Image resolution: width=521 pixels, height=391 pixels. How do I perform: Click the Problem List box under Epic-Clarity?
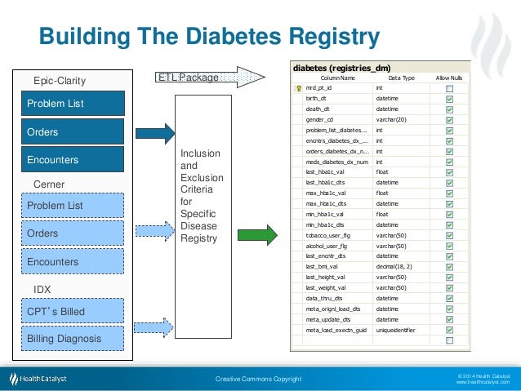[73, 104]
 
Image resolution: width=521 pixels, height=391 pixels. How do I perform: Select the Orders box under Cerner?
[73, 233]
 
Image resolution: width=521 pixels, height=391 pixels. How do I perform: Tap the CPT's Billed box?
[73, 311]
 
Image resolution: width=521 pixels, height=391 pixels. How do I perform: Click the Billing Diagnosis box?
[73, 339]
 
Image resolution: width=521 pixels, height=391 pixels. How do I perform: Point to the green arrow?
[256, 236]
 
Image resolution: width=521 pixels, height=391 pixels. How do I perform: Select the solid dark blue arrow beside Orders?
[157, 133]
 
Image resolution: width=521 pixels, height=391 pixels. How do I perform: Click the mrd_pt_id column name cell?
[335, 87]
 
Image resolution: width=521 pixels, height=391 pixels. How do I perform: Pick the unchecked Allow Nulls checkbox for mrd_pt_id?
[449, 87]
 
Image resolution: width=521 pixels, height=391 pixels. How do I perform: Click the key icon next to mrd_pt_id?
[299, 87]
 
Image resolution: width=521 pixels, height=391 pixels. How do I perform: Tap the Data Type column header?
[401, 78]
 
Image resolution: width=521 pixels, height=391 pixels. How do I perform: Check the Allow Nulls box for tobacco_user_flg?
[449, 235]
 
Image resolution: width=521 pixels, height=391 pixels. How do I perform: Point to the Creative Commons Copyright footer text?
[258, 379]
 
